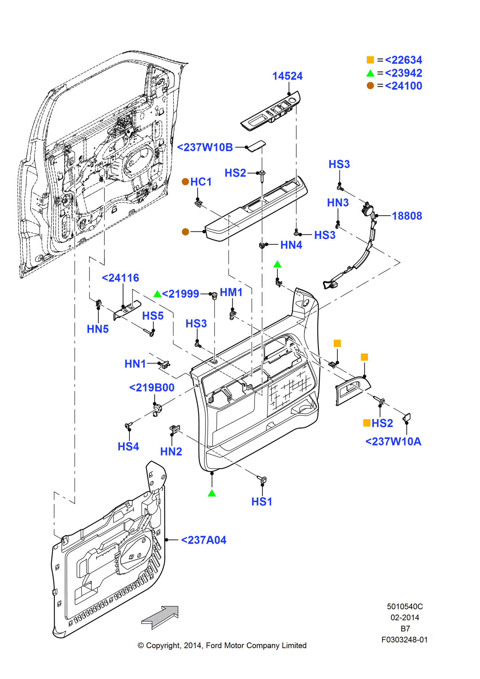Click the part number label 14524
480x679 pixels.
(x=287, y=76)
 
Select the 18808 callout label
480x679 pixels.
(x=407, y=216)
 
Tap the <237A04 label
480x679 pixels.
(x=203, y=540)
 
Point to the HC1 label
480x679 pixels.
(x=201, y=182)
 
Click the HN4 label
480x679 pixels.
(x=291, y=245)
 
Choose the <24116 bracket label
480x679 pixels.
(x=120, y=278)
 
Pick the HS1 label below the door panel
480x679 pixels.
(x=262, y=501)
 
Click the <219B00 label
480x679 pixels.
(x=152, y=388)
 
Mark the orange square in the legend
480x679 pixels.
(x=370, y=60)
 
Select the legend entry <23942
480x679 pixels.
(x=403, y=73)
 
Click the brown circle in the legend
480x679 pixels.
(x=370, y=86)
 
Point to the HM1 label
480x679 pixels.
(x=231, y=292)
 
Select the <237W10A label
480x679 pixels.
(x=393, y=442)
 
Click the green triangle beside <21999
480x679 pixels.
(x=157, y=294)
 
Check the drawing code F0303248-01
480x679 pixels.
(x=404, y=640)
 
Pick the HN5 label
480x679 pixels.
(x=98, y=329)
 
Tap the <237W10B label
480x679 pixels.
(x=205, y=147)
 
